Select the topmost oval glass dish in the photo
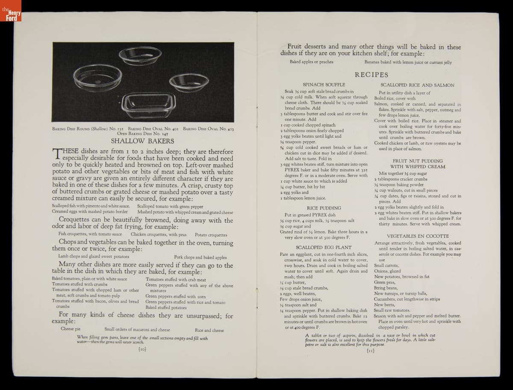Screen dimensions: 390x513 click(140, 56)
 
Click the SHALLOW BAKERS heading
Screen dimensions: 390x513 click(143, 140)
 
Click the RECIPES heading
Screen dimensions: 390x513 click(371, 75)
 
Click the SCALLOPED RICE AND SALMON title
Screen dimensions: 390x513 click(417, 85)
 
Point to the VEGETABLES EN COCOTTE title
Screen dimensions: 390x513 click(418, 236)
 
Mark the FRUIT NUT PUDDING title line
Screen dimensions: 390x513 click(417, 160)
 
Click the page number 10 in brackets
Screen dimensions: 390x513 click(143, 349)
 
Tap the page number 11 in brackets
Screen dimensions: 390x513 click(371, 351)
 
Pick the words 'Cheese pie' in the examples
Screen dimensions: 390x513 click(71, 329)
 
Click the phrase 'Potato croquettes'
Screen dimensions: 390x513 click(211, 235)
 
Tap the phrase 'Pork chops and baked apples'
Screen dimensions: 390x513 click(200, 257)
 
